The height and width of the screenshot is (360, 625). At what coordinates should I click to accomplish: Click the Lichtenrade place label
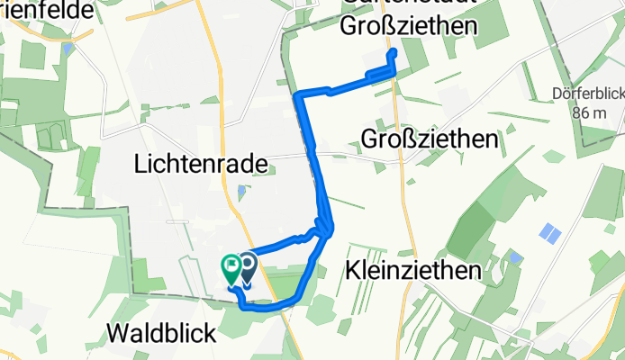click(201, 165)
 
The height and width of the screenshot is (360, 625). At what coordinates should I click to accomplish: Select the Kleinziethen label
click(410, 270)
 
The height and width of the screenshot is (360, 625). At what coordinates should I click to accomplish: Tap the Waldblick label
click(161, 334)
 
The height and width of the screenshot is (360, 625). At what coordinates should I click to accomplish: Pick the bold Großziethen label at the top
click(409, 27)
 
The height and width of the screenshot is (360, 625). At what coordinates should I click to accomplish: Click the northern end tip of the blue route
click(393, 53)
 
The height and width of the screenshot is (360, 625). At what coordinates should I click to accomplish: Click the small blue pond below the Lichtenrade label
click(240, 191)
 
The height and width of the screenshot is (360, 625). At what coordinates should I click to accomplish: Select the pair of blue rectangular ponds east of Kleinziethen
click(548, 233)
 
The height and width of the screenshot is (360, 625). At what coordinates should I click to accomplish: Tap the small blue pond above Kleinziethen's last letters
click(514, 257)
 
